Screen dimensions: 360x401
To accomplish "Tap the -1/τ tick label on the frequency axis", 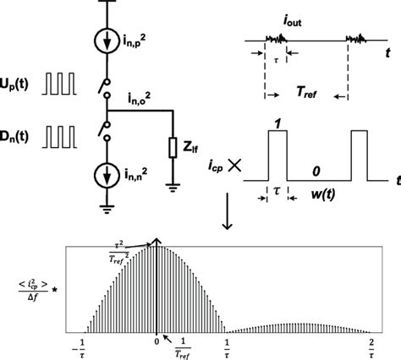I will (x=83, y=346).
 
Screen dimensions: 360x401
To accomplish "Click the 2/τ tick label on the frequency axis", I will (x=371, y=346).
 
